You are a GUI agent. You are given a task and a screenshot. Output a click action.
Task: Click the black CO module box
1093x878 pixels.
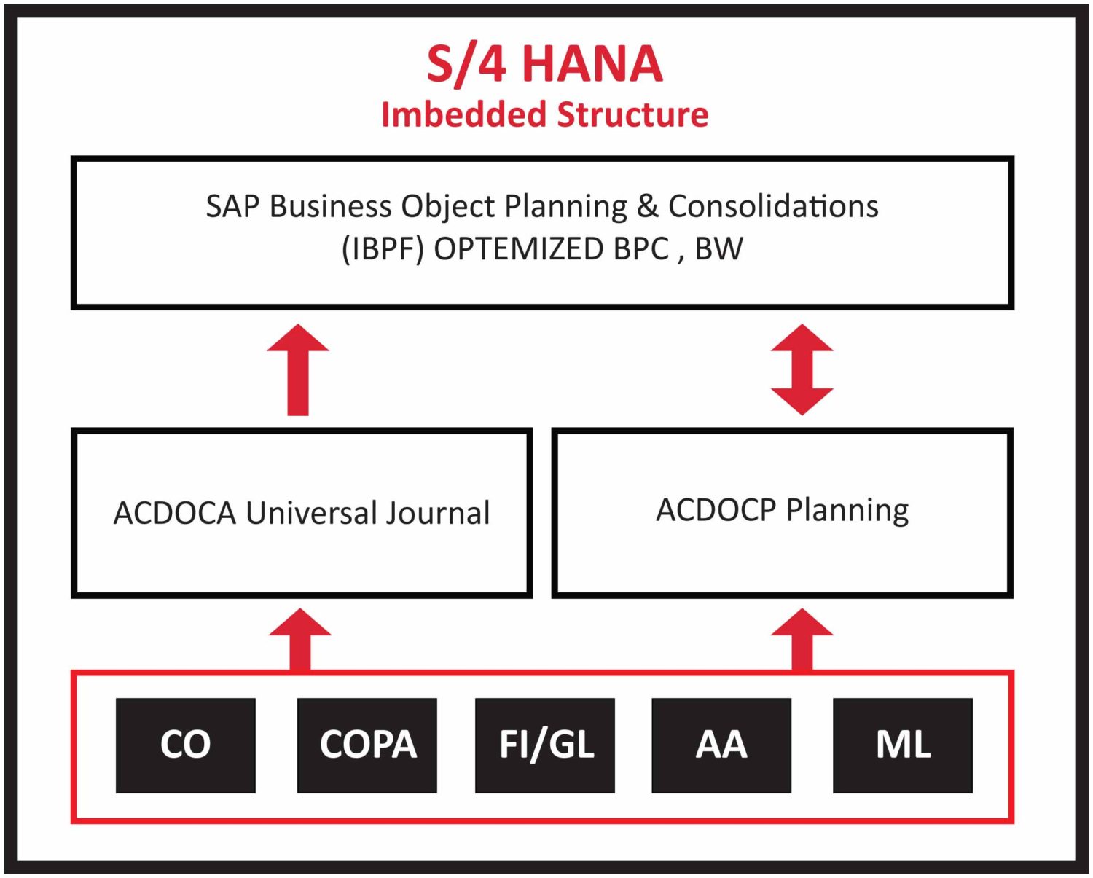[x=185, y=745]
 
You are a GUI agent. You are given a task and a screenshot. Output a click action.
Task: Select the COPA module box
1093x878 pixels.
[x=367, y=745]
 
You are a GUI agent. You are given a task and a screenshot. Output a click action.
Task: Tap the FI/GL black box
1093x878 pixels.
[x=545, y=745]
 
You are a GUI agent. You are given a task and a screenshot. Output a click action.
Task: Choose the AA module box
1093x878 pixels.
[x=721, y=745]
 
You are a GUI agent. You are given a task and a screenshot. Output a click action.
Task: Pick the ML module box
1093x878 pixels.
[x=903, y=745]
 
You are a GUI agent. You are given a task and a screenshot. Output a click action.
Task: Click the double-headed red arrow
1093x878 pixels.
[x=802, y=369]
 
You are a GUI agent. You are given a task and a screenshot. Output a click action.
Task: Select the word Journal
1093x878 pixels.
[x=437, y=513]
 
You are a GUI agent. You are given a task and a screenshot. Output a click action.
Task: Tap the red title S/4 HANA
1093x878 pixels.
[x=544, y=64]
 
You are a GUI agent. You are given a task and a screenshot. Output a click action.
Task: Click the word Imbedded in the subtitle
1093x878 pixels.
[x=463, y=115]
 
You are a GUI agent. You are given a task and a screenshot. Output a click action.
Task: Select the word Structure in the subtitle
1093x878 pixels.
[x=632, y=115]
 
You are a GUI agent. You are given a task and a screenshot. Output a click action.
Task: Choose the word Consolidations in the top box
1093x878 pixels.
[x=773, y=206]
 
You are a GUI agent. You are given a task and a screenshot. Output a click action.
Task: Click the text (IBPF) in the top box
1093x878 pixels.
[x=383, y=249]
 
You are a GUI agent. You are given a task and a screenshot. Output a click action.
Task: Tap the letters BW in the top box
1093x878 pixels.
[x=718, y=249]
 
